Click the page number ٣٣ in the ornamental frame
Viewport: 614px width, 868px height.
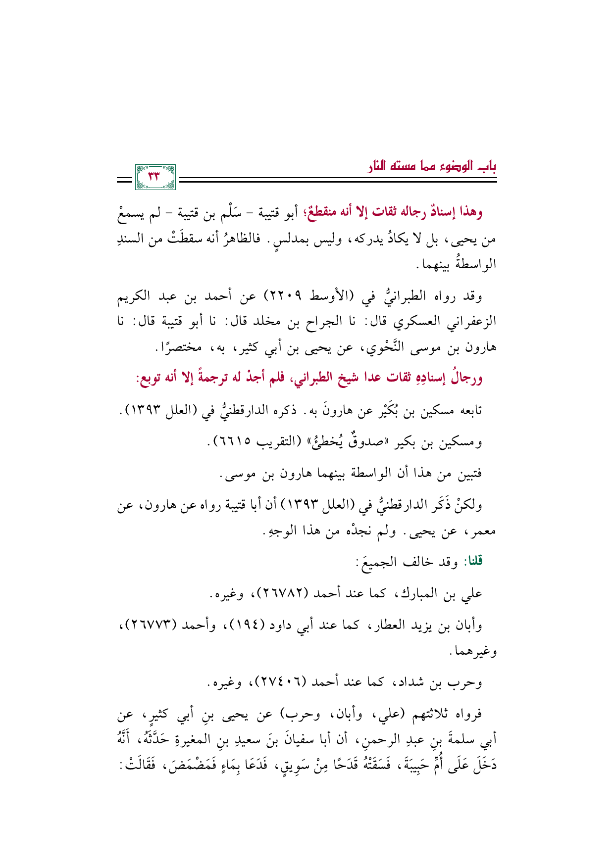pos(155,177)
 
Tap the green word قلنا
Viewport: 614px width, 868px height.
pos(474,562)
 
